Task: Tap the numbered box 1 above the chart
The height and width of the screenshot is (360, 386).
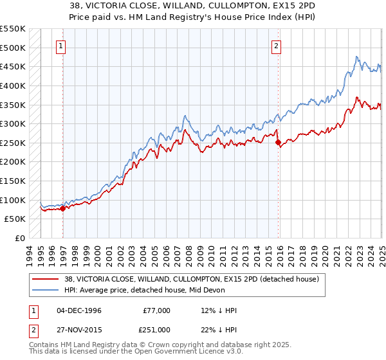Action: pyautogui.click(x=60, y=45)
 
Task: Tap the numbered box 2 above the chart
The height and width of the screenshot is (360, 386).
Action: pyautogui.click(x=276, y=45)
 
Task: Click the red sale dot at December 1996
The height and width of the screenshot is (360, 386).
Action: pyautogui.click(x=63, y=208)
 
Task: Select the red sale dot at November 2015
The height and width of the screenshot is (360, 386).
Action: pyautogui.click(x=279, y=143)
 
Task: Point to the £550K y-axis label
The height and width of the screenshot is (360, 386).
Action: pyautogui.click(x=12, y=29)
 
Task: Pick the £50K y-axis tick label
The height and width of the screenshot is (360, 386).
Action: pyautogui.click(x=15, y=219)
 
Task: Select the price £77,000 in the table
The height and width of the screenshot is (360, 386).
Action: pyautogui.click(x=156, y=310)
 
